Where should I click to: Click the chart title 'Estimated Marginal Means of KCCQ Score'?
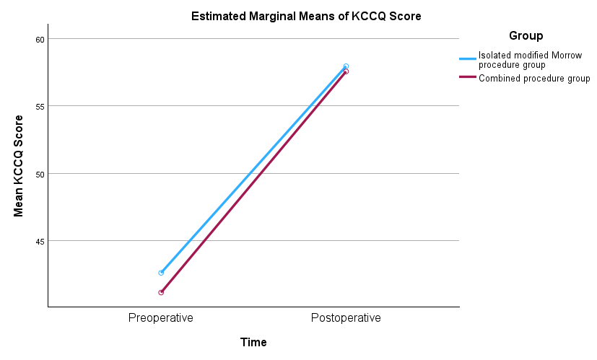point(305,16)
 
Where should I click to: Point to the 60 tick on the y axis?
point(39,39)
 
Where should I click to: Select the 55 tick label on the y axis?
point(39,106)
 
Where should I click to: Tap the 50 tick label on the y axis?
point(39,174)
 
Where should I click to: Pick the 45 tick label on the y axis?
point(39,241)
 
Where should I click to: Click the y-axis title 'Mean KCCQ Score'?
point(19,166)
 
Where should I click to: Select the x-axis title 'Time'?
point(253,343)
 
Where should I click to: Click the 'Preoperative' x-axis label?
point(161,318)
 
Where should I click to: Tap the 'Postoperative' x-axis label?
point(346,318)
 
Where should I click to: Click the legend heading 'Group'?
point(526,36)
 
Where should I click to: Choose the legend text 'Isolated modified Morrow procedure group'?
point(531,60)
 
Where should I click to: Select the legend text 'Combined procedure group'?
point(534,79)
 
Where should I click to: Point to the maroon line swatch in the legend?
point(468,79)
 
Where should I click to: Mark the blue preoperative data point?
point(161,273)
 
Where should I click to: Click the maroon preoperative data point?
point(161,292)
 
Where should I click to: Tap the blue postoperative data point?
point(346,66)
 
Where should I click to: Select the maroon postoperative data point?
point(346,71)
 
